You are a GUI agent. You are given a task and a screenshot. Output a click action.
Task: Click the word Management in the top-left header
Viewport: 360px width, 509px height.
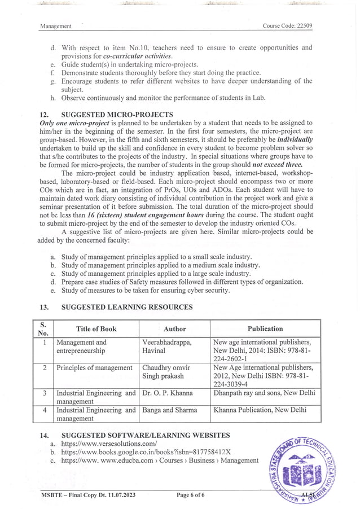56,26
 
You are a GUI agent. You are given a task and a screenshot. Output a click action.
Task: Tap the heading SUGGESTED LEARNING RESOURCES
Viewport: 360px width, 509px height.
126,307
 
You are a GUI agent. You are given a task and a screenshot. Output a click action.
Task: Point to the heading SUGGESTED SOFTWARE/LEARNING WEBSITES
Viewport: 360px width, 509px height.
145,435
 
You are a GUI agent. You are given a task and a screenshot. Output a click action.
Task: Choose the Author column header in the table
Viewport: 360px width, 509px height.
174,328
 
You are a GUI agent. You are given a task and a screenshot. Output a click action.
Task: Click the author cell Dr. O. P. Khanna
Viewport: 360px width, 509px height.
168,393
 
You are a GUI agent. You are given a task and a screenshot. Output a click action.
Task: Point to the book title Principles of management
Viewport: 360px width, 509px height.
94,368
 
